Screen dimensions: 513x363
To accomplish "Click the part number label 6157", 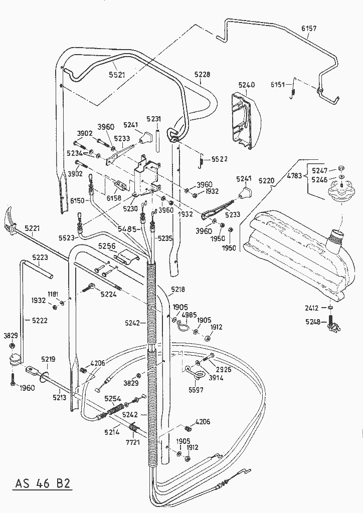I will [309, 29].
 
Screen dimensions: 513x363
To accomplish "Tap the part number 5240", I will [246, 85].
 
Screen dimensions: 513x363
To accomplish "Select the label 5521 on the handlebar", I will [117, 75].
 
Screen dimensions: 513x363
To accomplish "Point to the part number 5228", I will [203, 75].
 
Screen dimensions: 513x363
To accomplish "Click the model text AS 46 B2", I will [42, 484].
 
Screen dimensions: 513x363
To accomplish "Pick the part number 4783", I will [296, 175].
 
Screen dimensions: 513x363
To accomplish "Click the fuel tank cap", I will [341, 192].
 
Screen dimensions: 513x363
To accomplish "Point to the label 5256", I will [106, 246].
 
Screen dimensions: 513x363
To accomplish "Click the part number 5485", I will [127, 229].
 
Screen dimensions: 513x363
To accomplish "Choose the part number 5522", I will [219, 159].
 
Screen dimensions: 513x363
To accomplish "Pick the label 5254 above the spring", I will [113, 398].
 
